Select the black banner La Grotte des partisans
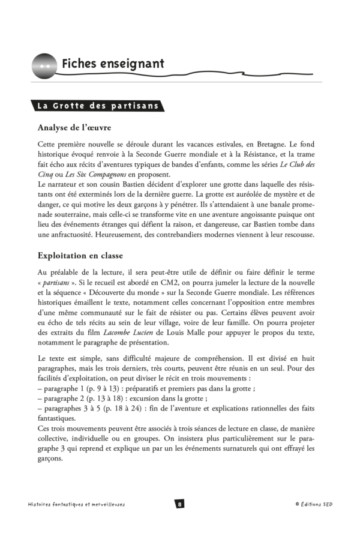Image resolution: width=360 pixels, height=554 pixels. [x=97, y=106]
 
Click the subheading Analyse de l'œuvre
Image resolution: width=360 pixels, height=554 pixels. [x=74, y=127]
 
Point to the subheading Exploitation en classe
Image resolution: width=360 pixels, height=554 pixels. [x=87, y=254]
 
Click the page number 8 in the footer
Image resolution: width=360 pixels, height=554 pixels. [x=179, y=504]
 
